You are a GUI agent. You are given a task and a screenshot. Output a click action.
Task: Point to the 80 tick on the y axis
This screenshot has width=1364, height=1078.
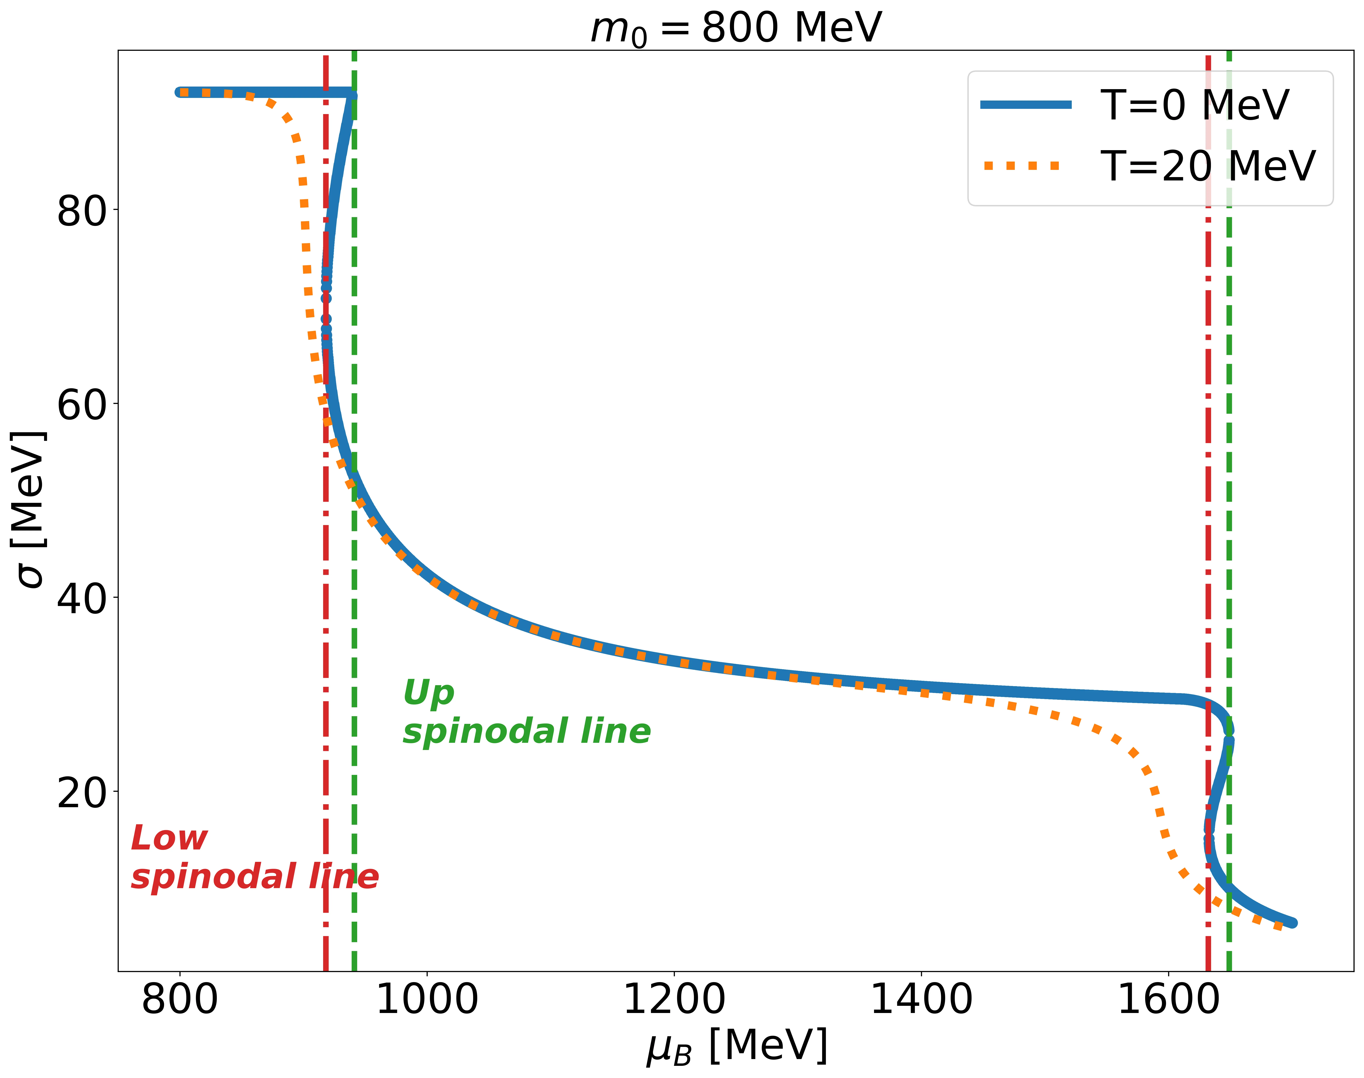(x=82, y=211)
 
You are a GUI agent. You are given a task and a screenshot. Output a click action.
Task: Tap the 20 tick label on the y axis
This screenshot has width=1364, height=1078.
(x=82, y=793)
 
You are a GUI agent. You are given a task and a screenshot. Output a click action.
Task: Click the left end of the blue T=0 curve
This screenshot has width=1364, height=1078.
(x=180, y=92)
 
